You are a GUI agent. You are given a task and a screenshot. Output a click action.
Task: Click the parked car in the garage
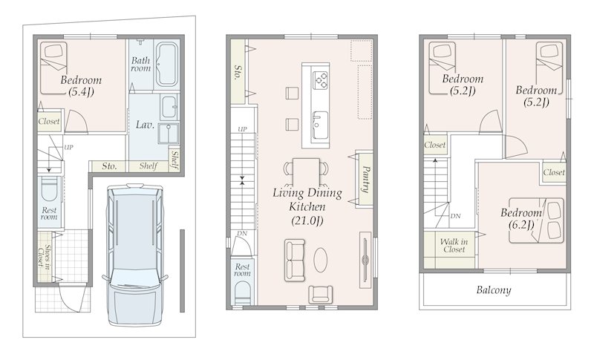[134, 255]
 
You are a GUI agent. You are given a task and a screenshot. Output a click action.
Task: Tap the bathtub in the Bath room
[166, 65]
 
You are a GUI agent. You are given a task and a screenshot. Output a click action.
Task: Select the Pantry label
[365, 179]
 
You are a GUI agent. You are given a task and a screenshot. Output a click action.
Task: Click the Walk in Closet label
[454, 245]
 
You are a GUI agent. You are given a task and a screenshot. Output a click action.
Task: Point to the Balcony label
[494, 290]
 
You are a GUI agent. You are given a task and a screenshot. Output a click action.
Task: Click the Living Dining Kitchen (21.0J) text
[307, 206]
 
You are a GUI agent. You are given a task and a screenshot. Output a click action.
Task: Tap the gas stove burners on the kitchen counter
[321, 80]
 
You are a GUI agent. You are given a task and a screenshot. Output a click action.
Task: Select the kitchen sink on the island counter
[320, 125]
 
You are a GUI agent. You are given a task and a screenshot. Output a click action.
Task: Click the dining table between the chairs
[307, 171]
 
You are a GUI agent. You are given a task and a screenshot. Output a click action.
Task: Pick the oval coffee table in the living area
[321, 260]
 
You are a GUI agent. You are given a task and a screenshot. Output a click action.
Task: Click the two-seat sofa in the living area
[295, 260]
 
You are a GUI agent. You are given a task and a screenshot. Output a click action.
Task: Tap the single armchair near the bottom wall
[321, 294]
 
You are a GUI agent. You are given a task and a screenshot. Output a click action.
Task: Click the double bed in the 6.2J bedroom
[535, 220]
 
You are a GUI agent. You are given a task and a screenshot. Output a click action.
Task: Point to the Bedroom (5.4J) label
[81, 85]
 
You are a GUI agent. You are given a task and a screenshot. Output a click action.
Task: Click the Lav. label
[145, 125]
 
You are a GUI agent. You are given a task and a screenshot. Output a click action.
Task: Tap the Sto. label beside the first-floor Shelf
[109, 166]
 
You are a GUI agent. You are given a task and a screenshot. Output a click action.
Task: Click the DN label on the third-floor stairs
[455, 216]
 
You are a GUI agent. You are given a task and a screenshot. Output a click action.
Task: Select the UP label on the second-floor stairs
[243, 129]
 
